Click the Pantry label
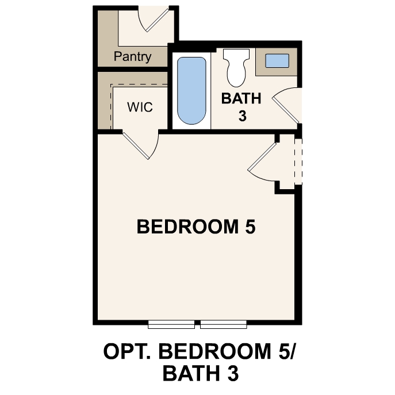tap(132, 56)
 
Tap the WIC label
tap(140, 108)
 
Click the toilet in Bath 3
tap(234, 66)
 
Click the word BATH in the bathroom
tap(241, 98)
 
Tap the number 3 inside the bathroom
tap(242, 116)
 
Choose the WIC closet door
tap(141, 144)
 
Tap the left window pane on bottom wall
tap(171, 325)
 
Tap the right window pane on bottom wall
tap(223, 325)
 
